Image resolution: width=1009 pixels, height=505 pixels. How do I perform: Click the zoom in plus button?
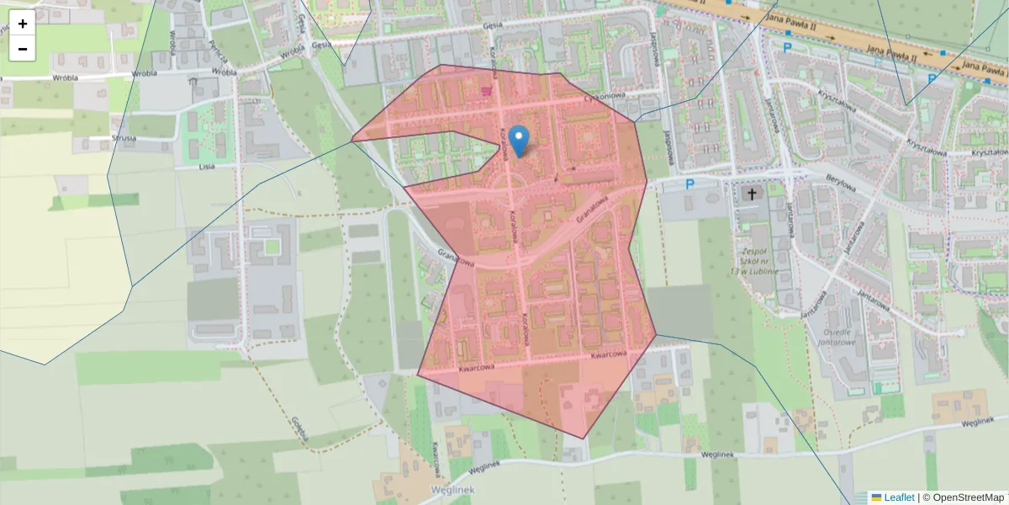[x=23, y=24]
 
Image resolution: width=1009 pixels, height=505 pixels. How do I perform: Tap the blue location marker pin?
[x=520, y=140]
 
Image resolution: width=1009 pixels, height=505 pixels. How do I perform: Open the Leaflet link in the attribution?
[x=899, y=497]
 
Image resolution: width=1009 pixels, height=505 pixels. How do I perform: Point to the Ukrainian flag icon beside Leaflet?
[x=876, y=497]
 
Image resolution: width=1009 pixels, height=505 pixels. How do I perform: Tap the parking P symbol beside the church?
[x=690, y=184]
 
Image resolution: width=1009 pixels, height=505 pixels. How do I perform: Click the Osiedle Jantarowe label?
[x=836, y=337]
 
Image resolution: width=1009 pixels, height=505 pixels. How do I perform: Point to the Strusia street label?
[x=123, y=138]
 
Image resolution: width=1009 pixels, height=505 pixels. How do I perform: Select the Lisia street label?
[x=207, y=167]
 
